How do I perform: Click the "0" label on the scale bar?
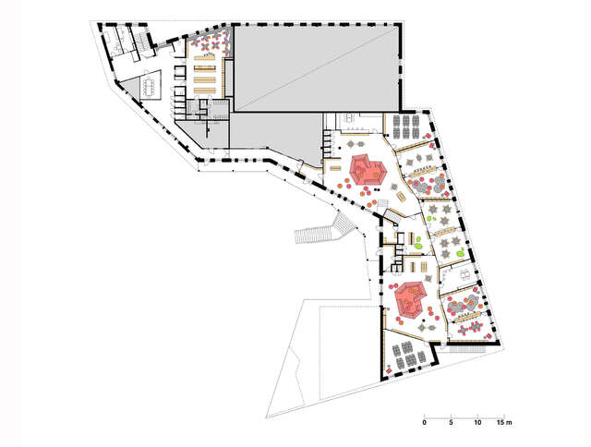(x=424, y=422)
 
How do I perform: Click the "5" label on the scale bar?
(x=451, y=422)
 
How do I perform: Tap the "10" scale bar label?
(x=477, y=422)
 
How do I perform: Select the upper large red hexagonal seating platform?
(x=367, y=169)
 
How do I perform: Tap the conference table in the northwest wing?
(x=150, y=86)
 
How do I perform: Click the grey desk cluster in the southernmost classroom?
(x=404, y=353)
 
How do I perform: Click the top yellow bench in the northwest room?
(x=204, y=56)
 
